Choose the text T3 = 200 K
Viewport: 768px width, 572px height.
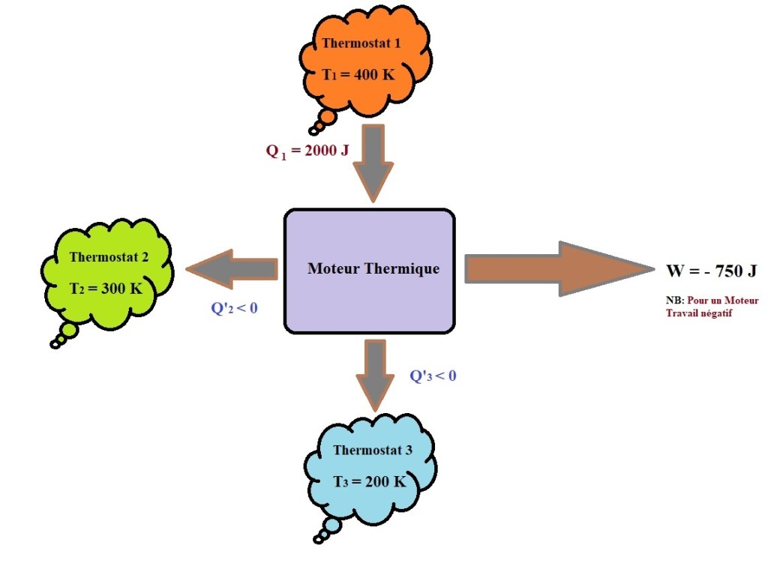[370, 482]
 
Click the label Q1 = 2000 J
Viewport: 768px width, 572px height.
[307, 151]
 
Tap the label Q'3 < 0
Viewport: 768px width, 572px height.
[433, 376]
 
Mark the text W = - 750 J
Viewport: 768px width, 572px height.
[711, 271]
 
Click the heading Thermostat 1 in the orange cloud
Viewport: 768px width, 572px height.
[361, 43]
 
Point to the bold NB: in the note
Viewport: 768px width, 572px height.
[674, 301]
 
